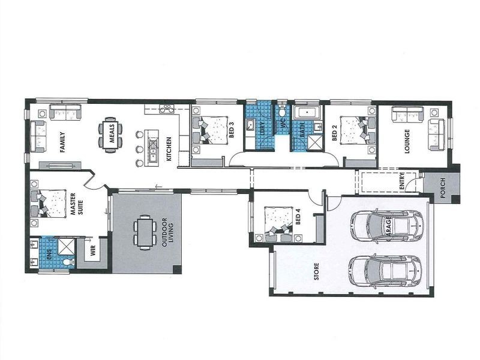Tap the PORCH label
442,186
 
